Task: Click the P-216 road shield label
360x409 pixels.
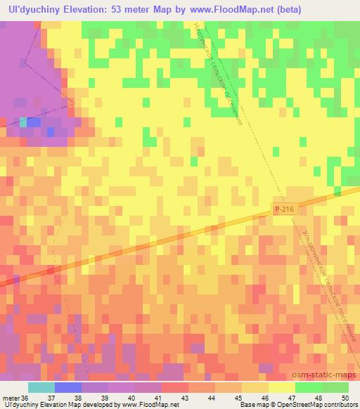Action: (x=281, y=209)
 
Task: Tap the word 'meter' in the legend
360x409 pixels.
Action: (x=11, y=397)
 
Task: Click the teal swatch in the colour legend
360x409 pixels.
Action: (x=41, y=387)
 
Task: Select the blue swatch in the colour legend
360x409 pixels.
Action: (x=67, y=387)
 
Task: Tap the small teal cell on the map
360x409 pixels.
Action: (x=23, y=122)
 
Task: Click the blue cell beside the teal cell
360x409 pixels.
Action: (x=34, y=122)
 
